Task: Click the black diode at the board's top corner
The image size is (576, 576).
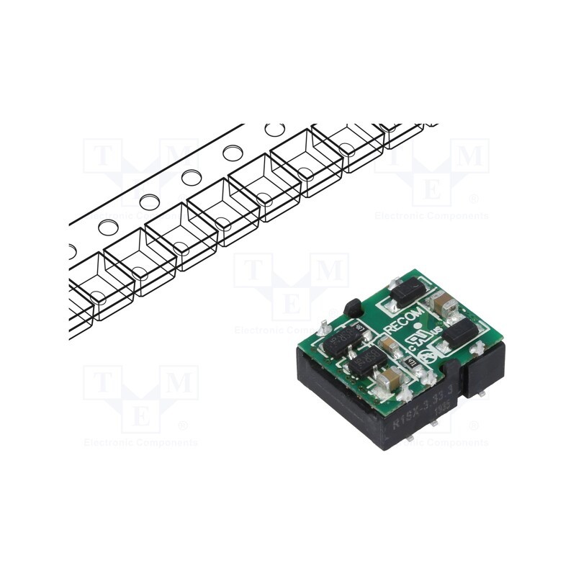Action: click(408, 291)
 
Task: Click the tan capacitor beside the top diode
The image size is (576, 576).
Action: click(442, 302)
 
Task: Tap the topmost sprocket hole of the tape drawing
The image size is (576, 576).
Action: click(274, 130)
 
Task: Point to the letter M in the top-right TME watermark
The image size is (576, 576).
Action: click(472, 155)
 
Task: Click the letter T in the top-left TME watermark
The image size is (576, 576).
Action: click(102, 155)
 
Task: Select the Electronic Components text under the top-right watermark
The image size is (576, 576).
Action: click(432, 215)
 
